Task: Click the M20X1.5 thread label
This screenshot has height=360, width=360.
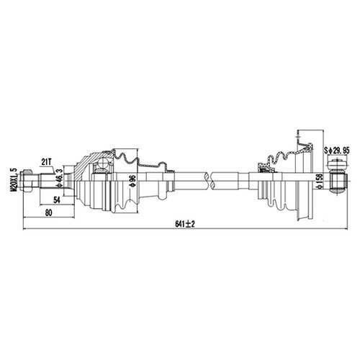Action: [x=13, y=180]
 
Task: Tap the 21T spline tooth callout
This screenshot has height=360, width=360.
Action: [x=46, y=163]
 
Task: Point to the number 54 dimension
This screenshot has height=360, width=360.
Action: [x=57, y=200]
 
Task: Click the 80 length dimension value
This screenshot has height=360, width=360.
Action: [x=48, y=213]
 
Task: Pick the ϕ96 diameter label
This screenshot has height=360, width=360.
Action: [x=132, y=181]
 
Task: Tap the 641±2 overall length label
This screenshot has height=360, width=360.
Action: [x=185, y=224]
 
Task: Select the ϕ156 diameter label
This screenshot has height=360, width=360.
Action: [x=320, y=181]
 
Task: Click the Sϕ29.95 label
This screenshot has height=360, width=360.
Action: [x=337, y=150]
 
